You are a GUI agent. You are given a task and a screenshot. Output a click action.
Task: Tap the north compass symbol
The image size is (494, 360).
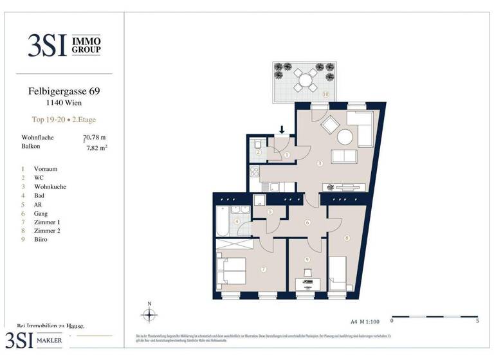click(149, 314)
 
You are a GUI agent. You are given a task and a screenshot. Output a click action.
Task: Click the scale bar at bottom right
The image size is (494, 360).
click(434, 318)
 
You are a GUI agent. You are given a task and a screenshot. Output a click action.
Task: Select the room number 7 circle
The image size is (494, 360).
click(264, 269)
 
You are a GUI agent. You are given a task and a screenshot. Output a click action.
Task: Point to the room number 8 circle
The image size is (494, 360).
click(347, 239)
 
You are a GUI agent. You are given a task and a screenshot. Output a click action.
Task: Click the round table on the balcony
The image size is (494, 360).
click(303, 81)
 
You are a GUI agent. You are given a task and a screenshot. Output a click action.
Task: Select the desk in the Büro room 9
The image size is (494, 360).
click(307, 283)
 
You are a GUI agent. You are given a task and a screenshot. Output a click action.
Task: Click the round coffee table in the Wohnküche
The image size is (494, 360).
click(345, 136)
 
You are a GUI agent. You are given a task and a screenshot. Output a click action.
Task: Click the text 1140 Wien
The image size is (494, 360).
click(63, 103)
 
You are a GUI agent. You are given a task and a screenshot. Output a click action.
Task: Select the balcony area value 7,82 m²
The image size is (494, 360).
click(96, 147)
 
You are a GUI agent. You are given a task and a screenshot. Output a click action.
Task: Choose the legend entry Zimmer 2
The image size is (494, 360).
click(49, 231)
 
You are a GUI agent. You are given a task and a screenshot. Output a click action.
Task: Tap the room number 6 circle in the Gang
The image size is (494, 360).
click(308, 223)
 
